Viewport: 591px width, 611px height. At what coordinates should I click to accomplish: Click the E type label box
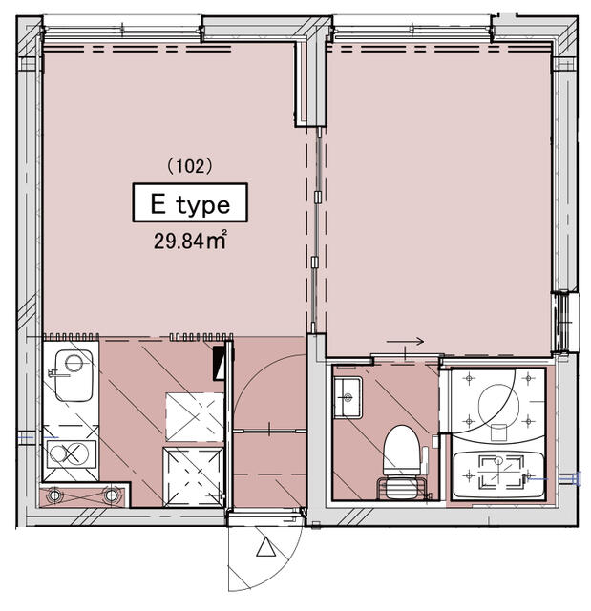click(190, 202)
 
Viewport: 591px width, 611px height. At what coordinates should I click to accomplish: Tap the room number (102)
click(190, 166)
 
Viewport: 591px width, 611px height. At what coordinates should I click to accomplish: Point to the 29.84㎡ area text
click(190, 240)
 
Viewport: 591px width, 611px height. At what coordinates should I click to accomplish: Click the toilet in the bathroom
click(402, 451)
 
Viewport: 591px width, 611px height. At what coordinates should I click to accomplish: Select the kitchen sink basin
click(74, 375)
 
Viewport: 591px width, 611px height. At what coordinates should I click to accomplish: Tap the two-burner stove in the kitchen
click(72, 454)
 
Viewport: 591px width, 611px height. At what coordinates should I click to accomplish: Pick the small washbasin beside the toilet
click(348, 397)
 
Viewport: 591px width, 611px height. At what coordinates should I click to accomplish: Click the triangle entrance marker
click(266, 547)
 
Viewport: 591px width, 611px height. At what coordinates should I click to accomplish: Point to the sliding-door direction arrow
click(405, 342)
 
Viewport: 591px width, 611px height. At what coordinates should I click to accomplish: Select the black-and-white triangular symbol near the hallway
click(219, 361)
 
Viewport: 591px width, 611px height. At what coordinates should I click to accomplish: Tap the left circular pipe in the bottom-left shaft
click(54, 495)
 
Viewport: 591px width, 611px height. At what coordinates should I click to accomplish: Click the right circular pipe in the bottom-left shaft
click(111, 495)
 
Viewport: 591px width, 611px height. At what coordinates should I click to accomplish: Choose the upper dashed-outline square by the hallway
click(195, 417)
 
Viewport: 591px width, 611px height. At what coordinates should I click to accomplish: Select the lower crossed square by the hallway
click(194, 477)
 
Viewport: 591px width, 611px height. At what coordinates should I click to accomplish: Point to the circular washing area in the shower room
click(498, 405)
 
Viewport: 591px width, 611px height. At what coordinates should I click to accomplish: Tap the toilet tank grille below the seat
click(402, 488)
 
